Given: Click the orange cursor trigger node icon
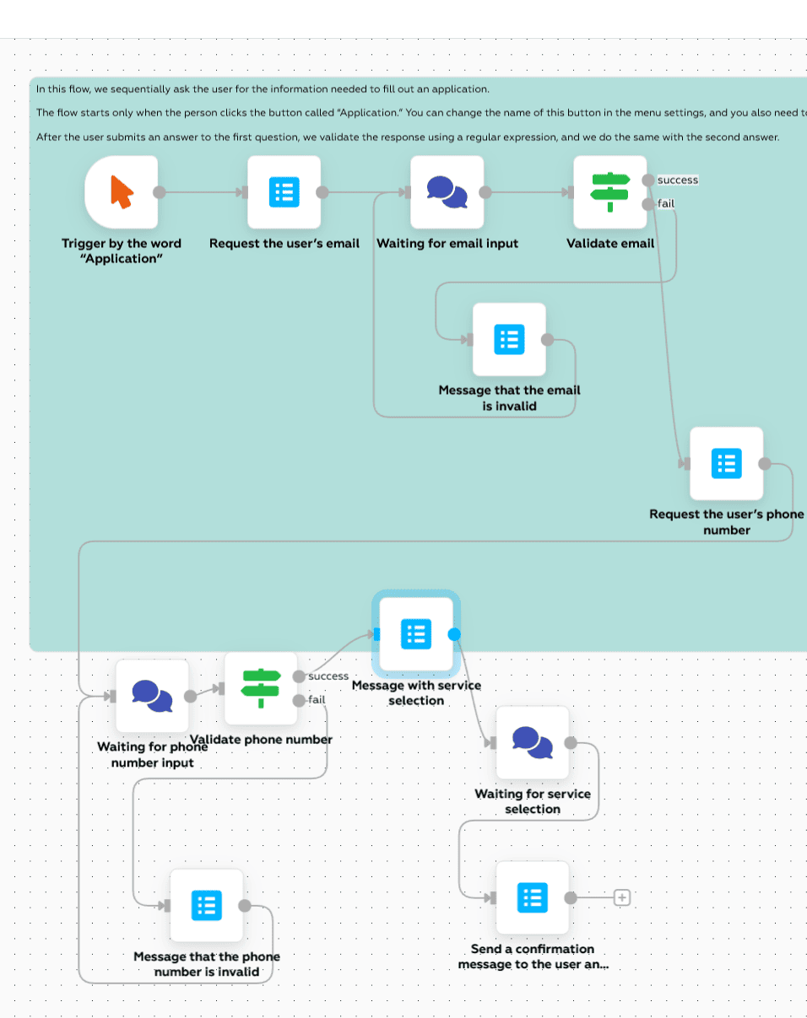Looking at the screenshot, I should pyautogui.click(x=122, y=192).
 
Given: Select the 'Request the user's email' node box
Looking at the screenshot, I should pyautogui.click(x=284, y=192).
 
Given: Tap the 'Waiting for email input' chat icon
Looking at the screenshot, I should pyautogui.click(x=447, y=192).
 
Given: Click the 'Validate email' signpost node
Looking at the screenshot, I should pyautogui.click(x=609, y=192).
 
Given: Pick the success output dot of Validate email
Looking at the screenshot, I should pyautogui.click(x=647, y=180).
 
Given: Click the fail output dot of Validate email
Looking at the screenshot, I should pyautogui.click(x=647, y=203).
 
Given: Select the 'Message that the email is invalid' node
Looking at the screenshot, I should pyautogui.click(x=509, y=339).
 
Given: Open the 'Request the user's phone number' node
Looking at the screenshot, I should pyautogui.click(x=726, y=463).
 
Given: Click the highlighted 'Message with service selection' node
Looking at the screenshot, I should pyautogui.click(x=415, y=633).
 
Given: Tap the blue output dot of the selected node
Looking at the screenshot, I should pyautogui.click(x=455, y=633).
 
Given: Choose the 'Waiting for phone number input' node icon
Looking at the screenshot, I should pyautogui.click(x=152, y=696).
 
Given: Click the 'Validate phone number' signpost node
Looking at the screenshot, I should pyautogui.click(x=261, y=688).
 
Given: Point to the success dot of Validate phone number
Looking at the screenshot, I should pyautogui.click(x=299, y=676).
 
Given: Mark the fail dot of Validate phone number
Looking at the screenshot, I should pyautogui.click(x=299, y=700).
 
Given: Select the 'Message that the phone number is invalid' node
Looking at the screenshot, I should pyautogui.click(x=207, y=906).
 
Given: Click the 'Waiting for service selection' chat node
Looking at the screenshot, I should pyautogui.click(x=532, y=743).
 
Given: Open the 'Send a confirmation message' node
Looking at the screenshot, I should pyautogui.click(x=532, y=897).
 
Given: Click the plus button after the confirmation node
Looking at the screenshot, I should pyautogui.click(x=622, y=897).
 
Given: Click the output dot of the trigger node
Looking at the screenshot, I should pyautogui.click(x=159, y=192).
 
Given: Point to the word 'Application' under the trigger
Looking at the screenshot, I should pyautogui.click(x=122, y=259).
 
